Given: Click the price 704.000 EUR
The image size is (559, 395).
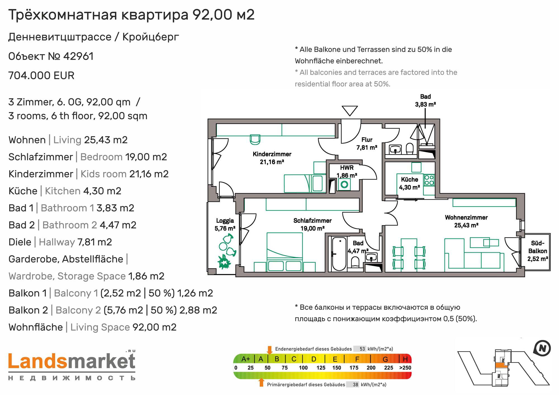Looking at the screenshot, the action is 41,76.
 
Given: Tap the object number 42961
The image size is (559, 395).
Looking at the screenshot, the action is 78,56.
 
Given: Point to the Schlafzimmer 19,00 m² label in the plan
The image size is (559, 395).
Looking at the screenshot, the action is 312,224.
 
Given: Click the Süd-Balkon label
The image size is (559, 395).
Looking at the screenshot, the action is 537,251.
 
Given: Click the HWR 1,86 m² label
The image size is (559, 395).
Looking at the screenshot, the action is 347,171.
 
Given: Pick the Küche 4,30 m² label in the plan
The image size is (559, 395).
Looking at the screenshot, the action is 409,183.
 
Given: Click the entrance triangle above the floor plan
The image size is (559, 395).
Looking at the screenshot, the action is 350,111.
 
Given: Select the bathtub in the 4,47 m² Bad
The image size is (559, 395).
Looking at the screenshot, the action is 339,254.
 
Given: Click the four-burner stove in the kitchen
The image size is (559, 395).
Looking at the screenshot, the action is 429,180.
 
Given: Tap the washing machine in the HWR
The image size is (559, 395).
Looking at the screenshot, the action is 344,185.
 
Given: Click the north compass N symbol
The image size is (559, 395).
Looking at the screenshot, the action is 542,348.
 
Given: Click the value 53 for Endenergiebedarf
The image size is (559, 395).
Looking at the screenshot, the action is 362,349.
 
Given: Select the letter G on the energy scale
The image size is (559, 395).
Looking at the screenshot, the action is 385,359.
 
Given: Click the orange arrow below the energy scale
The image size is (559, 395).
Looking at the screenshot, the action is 261,382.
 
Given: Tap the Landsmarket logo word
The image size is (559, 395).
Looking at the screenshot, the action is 72,362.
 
